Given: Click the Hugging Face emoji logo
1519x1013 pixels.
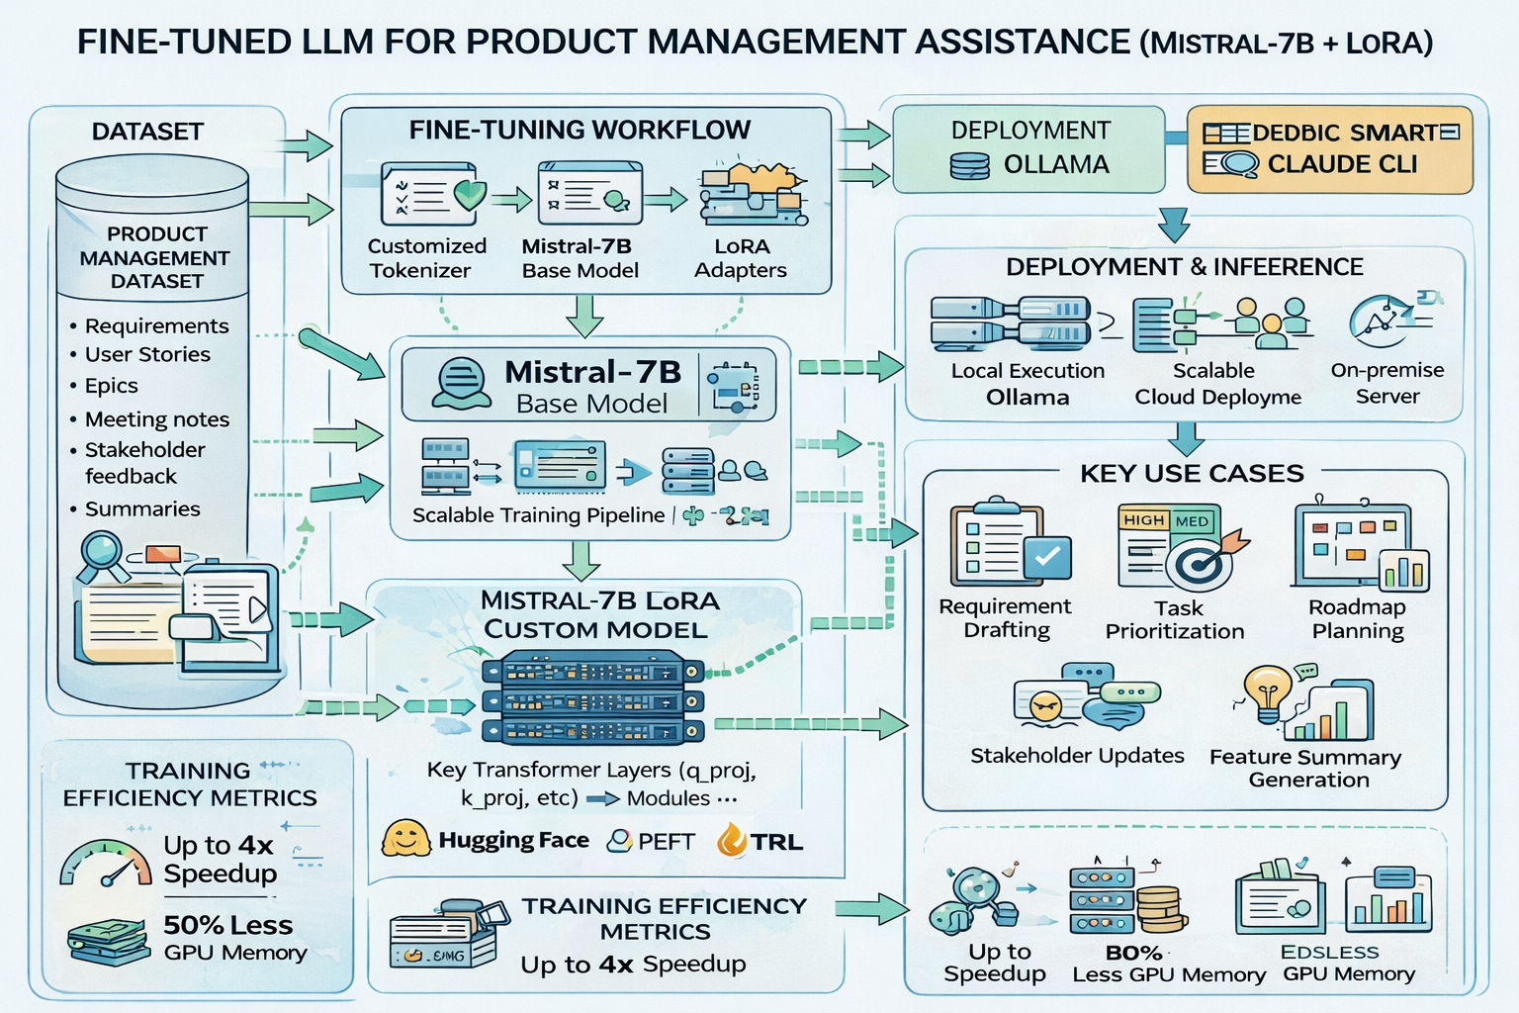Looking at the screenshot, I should click(405, 839).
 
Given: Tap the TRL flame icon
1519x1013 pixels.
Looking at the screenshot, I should click(731, 840).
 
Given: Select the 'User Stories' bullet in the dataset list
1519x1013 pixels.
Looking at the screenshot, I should click(147, 354).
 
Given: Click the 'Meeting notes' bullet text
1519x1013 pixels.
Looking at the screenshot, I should click(156, 419).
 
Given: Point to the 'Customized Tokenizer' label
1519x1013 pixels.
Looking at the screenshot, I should click(426, 258).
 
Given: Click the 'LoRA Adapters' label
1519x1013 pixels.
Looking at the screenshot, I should click(741, 258).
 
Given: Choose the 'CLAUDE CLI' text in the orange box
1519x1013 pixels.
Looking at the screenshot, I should click(1342, 164).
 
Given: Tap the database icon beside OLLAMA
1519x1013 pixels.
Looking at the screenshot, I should click(969, 165).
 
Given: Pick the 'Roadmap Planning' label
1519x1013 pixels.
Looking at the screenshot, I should click(1357, 619).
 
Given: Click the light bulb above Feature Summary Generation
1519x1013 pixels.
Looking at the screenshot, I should click(1267, 691).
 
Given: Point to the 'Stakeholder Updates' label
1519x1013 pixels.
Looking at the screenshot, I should click(1077, 756).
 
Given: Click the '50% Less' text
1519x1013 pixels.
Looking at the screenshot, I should click(227, 925).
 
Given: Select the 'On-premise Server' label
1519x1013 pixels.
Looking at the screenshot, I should click(1386, 383).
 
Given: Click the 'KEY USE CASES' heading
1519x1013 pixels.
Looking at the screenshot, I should click(1192, 473).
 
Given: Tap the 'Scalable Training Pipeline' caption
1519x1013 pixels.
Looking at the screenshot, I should click(538, 515).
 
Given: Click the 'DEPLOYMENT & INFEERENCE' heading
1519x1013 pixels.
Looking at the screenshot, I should click(1184, 267).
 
